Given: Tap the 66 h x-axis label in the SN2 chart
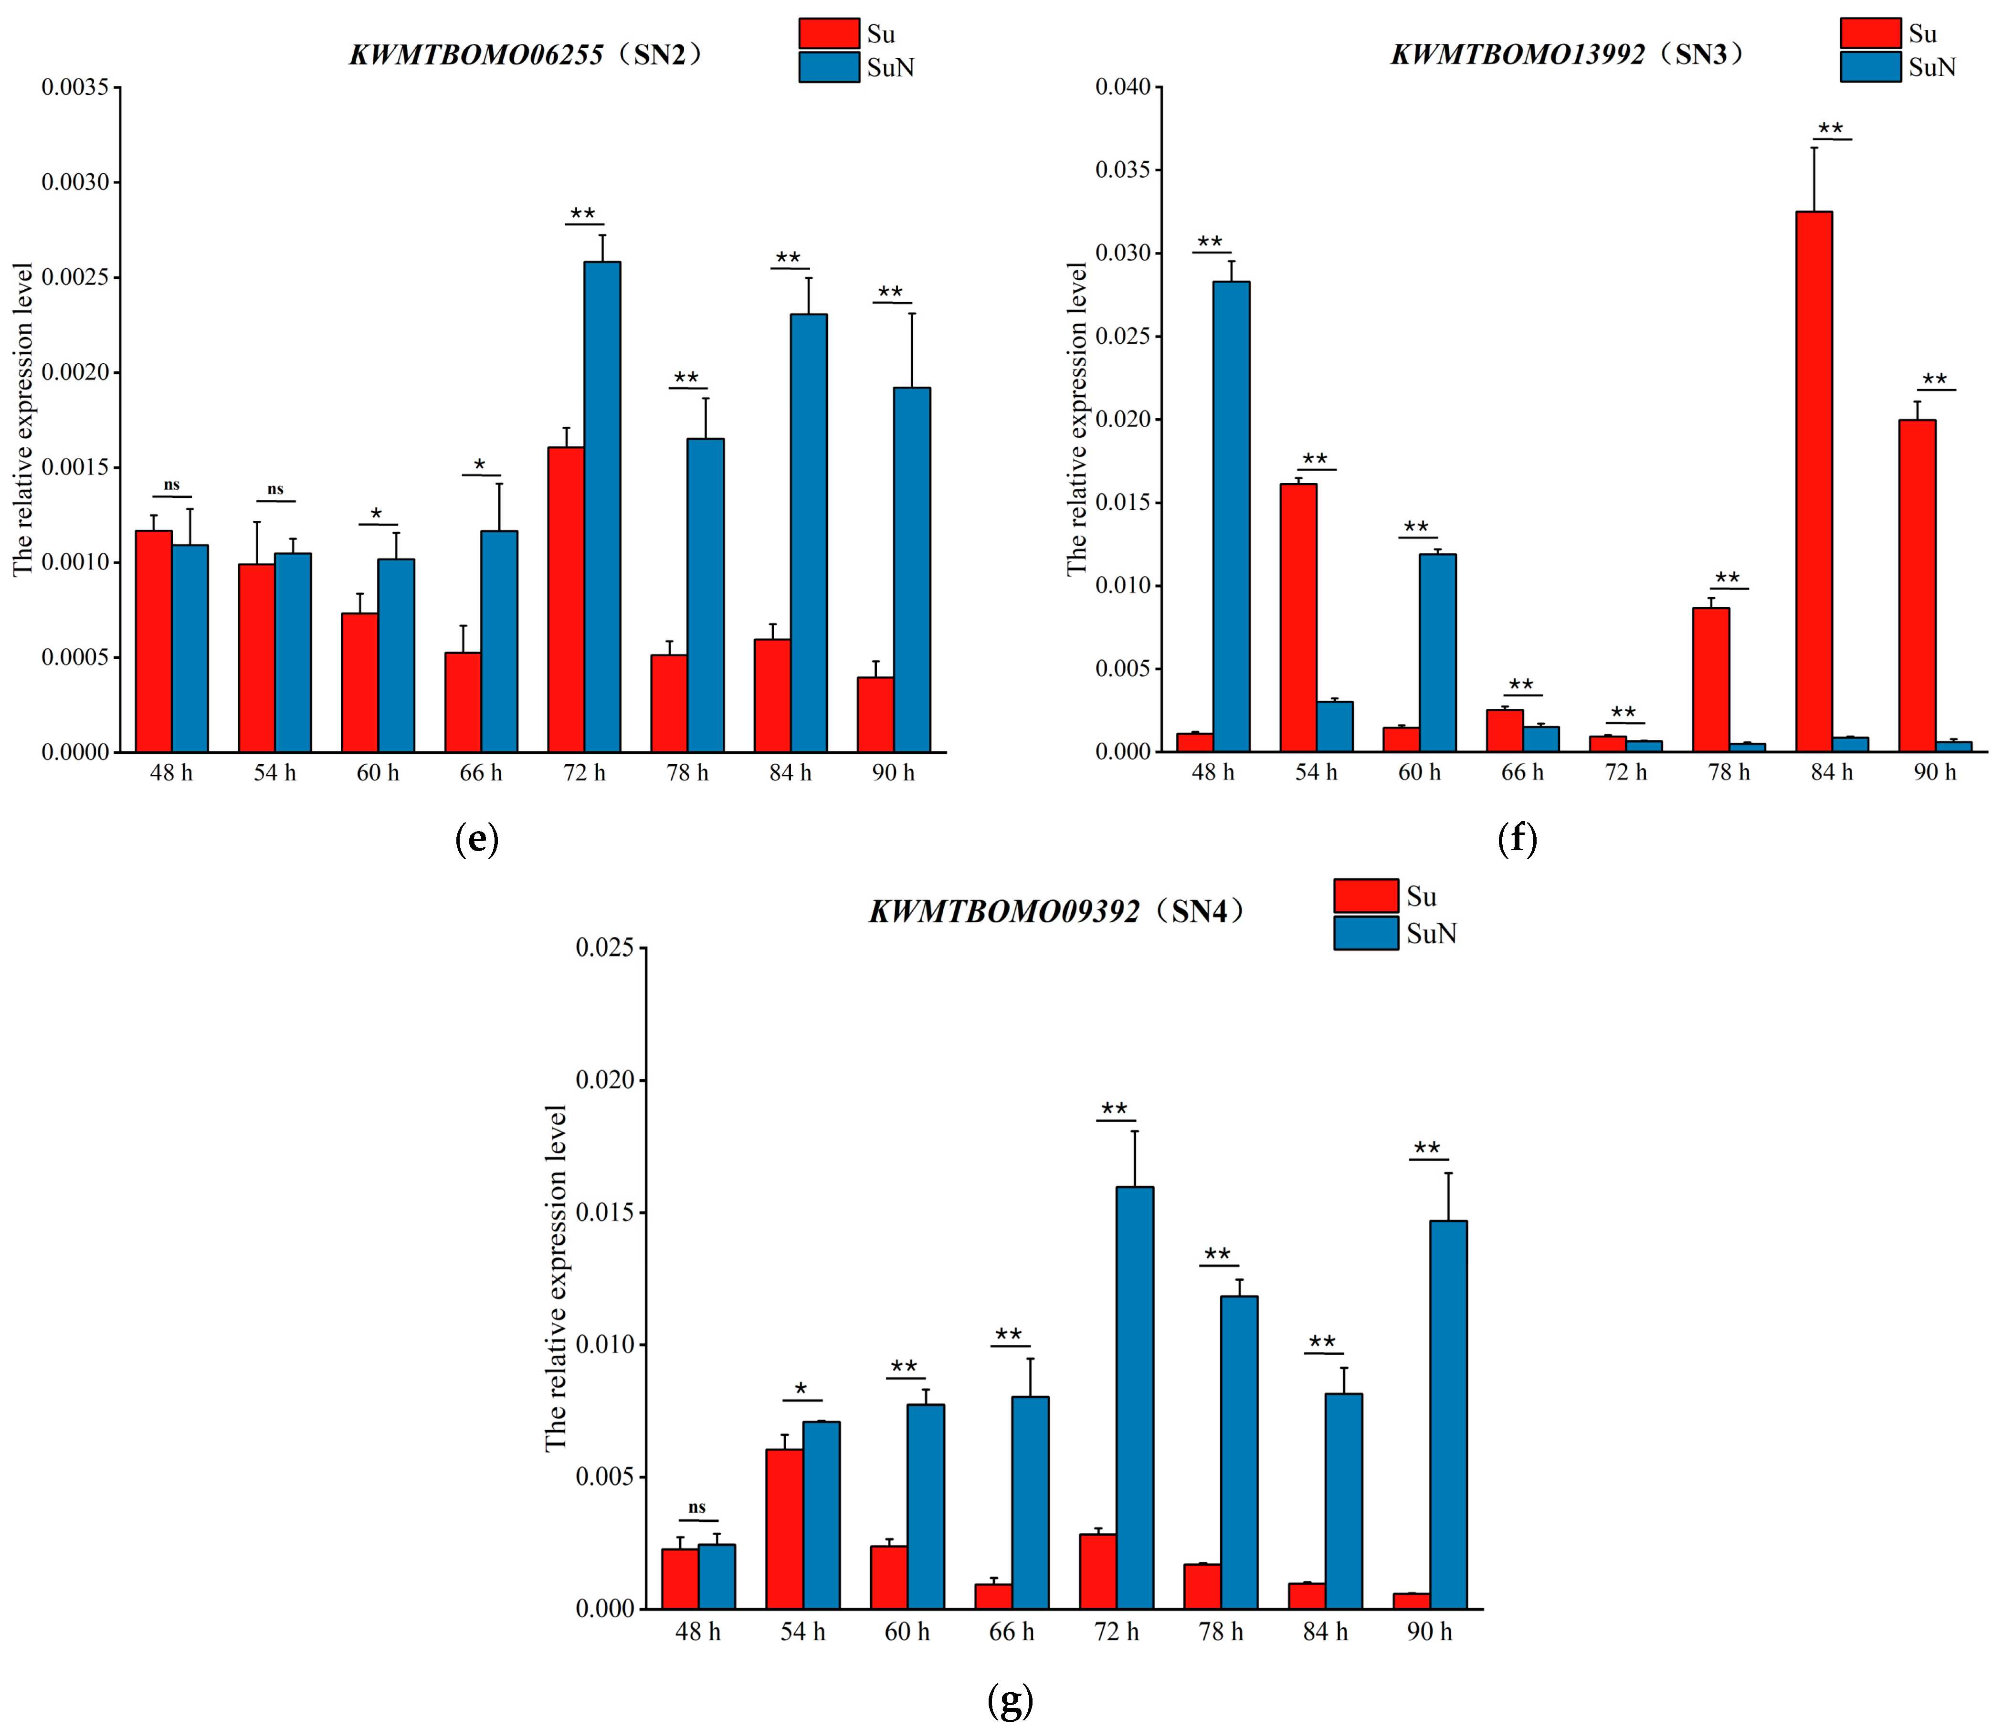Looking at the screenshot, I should pyautogui.click(x=480, y=773).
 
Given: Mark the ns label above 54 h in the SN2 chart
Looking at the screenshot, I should pyautogui.click(x=275, y=489).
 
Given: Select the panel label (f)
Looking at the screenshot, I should pyautogui.click(x=1517, y=839).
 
